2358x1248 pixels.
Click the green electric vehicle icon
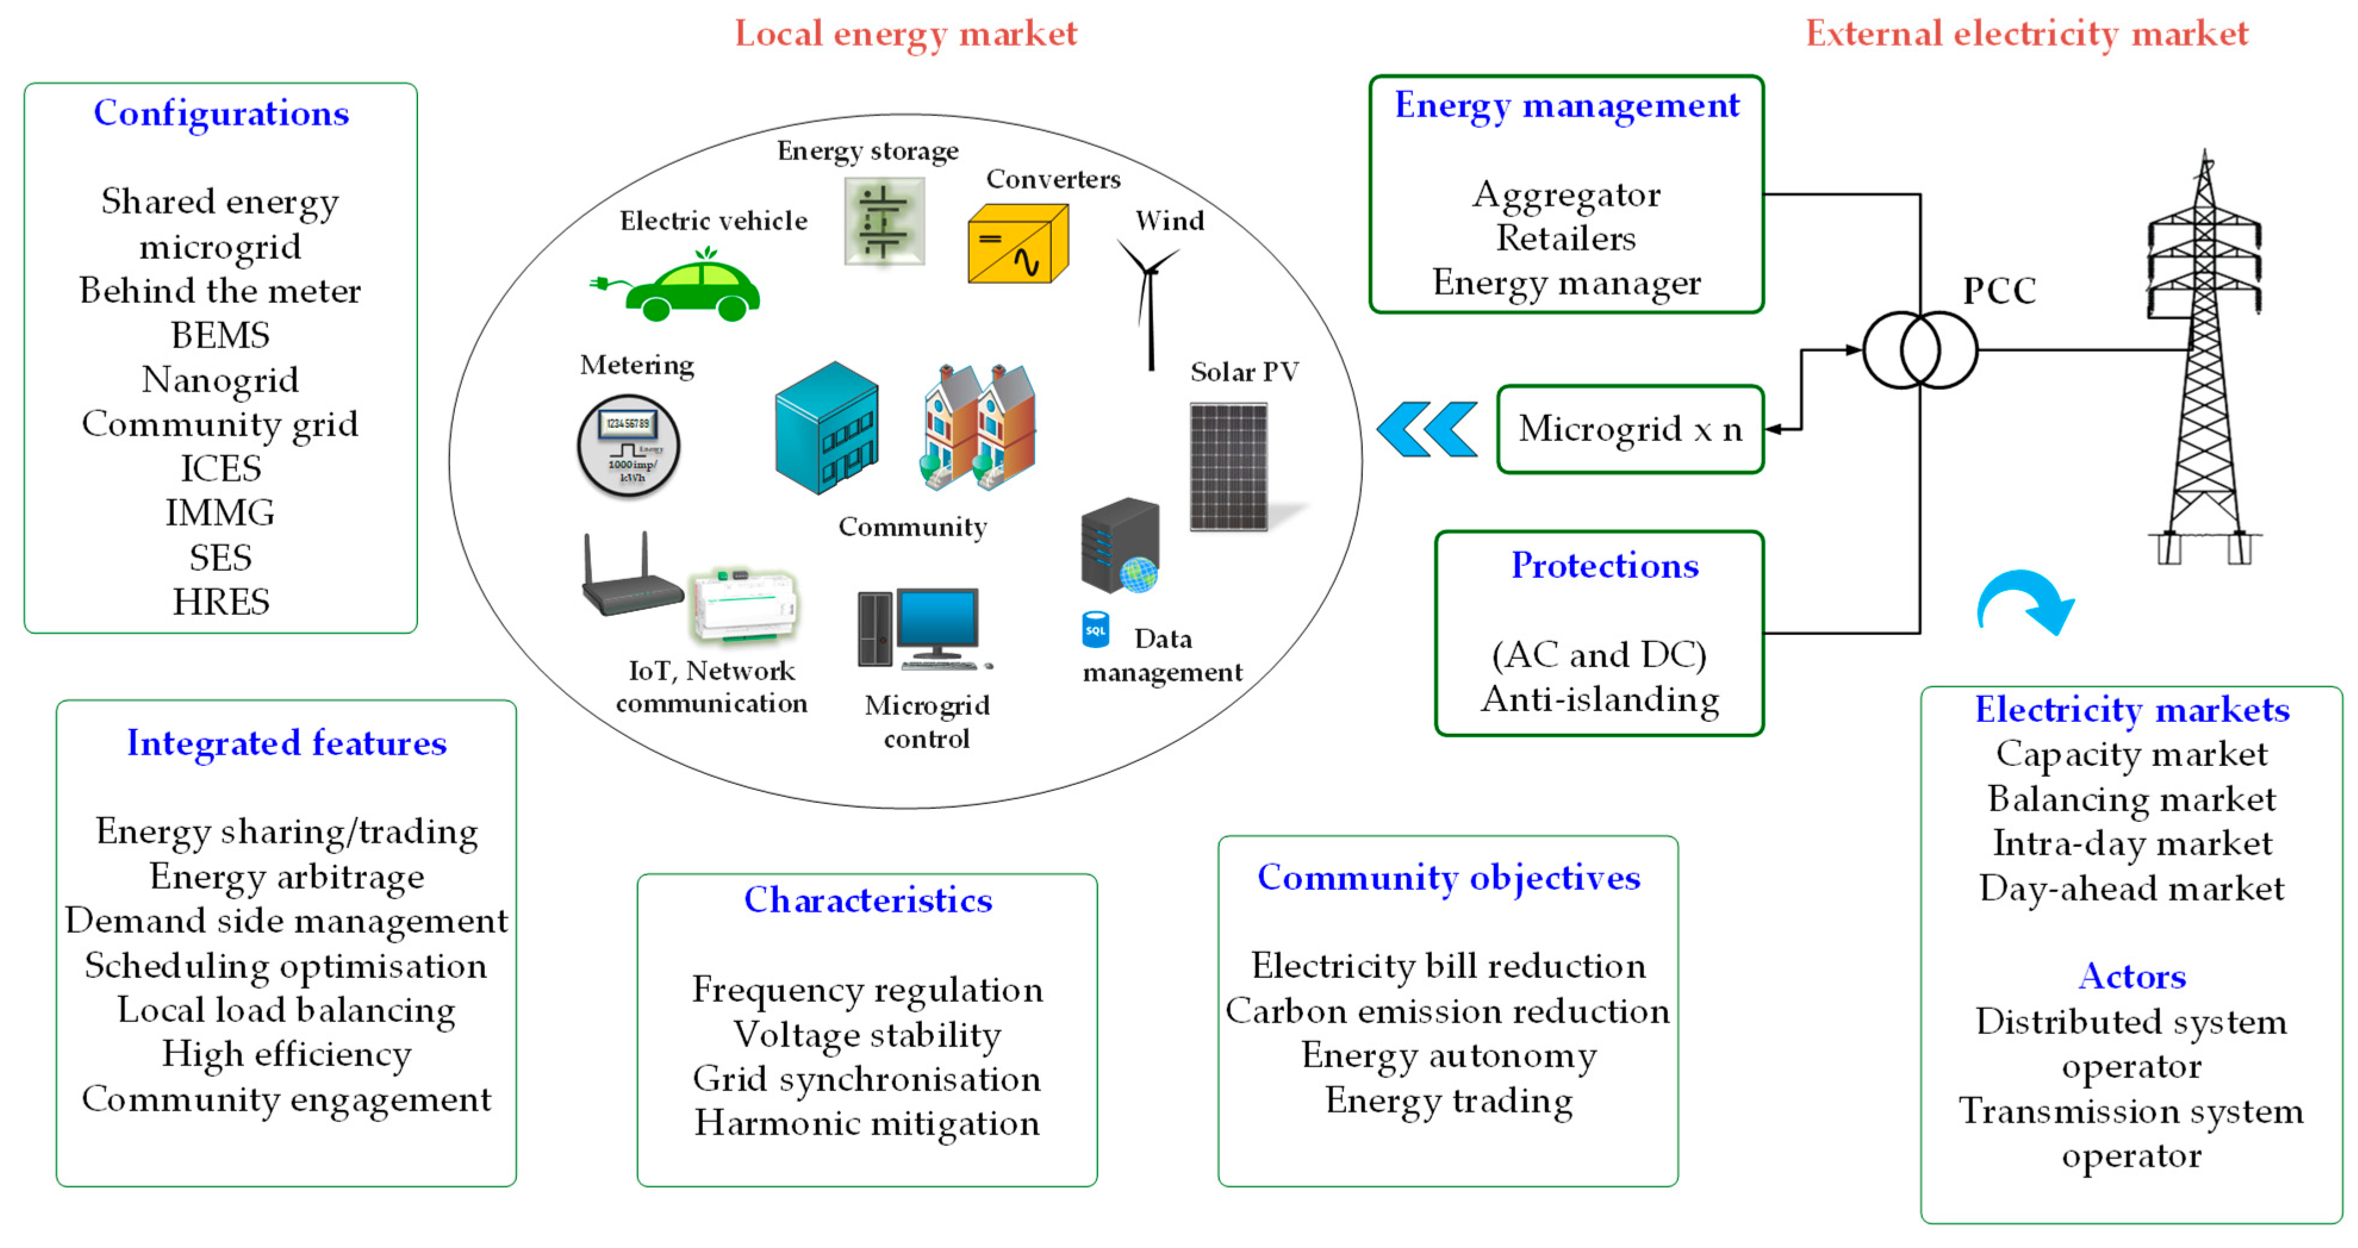[x=682, y=288]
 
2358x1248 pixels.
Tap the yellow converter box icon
[x=1017, y=244]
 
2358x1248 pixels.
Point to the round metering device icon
[x=628, y=446]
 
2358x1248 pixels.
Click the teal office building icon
[x=826, y=427]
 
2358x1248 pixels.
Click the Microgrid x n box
[x=1630, y=429]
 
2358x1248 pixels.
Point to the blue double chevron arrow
[x=1426, y=429]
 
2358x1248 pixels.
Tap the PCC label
[x=1998, y=291]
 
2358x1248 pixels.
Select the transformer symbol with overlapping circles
[x=1920, y=349]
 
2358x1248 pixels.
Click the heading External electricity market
[x=2026, y=34]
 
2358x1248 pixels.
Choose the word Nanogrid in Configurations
[x=220, y=380]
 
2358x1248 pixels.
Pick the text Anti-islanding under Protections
[x=1600, y=699]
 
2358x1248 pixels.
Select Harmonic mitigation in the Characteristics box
[x=867, y=1122]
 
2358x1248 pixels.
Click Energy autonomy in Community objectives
[x=1448, y=1055]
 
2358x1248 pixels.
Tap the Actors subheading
[x=2131, y=976]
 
